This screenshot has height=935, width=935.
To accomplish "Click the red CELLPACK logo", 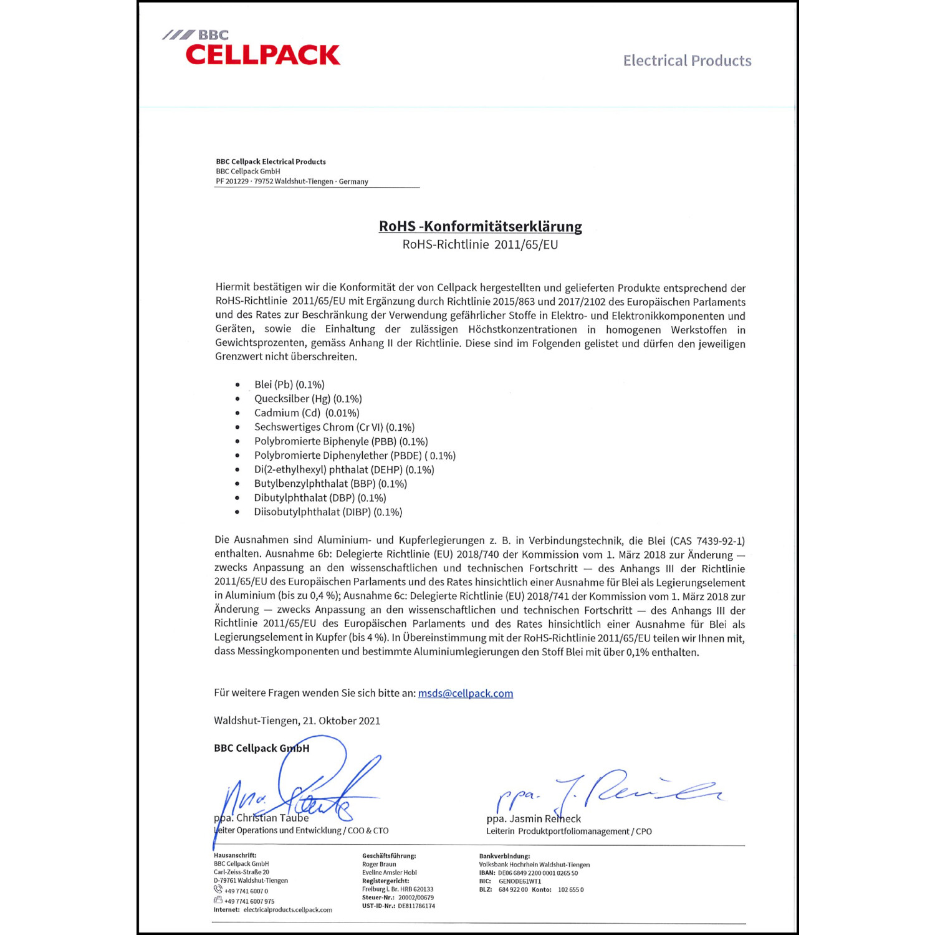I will click(x=262, y=55).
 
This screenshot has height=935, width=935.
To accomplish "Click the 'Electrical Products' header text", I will click(x=687, y=60).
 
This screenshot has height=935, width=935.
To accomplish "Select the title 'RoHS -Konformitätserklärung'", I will click(x=480, y=226).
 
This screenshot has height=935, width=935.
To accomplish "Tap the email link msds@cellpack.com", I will click(x=465, y=693).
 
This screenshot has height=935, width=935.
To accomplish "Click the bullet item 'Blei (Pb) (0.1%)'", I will click(x=289, y=385).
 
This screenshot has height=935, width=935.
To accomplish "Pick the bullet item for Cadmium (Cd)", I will click(x=306, y=413).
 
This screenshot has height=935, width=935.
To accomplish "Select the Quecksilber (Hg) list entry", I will click(x=307, y=399).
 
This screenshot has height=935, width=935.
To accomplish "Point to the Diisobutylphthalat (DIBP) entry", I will click(x=328, y=512).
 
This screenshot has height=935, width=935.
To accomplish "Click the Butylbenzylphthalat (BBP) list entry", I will click(x=330, y=484).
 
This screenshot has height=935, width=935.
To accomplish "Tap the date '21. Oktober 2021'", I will click(x=342, y=721).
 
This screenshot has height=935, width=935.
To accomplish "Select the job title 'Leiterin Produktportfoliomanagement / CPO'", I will click(x=568, y=832).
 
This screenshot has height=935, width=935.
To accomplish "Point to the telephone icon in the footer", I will click(x=218, y=889).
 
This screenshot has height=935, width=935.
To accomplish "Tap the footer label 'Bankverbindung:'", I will click(x=504, y=856).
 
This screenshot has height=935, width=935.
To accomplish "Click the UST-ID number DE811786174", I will click(x=416, y=906).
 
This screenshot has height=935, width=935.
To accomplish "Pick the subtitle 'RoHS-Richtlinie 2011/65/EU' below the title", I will click(x=480, y=244).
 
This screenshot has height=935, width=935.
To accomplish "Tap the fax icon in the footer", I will click(x=218, y=900).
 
